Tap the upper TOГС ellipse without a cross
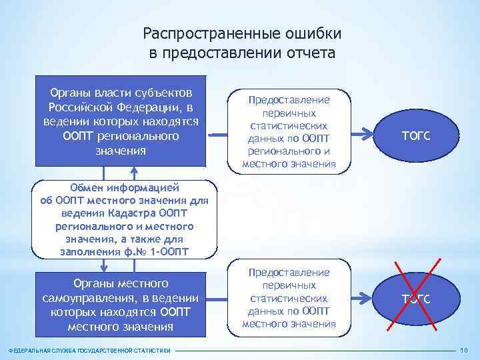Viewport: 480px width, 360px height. point(415,135)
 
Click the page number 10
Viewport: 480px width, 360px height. point(464,351)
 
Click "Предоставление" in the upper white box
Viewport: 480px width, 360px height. point(289,100)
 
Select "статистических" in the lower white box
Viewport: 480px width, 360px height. point(289,298)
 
